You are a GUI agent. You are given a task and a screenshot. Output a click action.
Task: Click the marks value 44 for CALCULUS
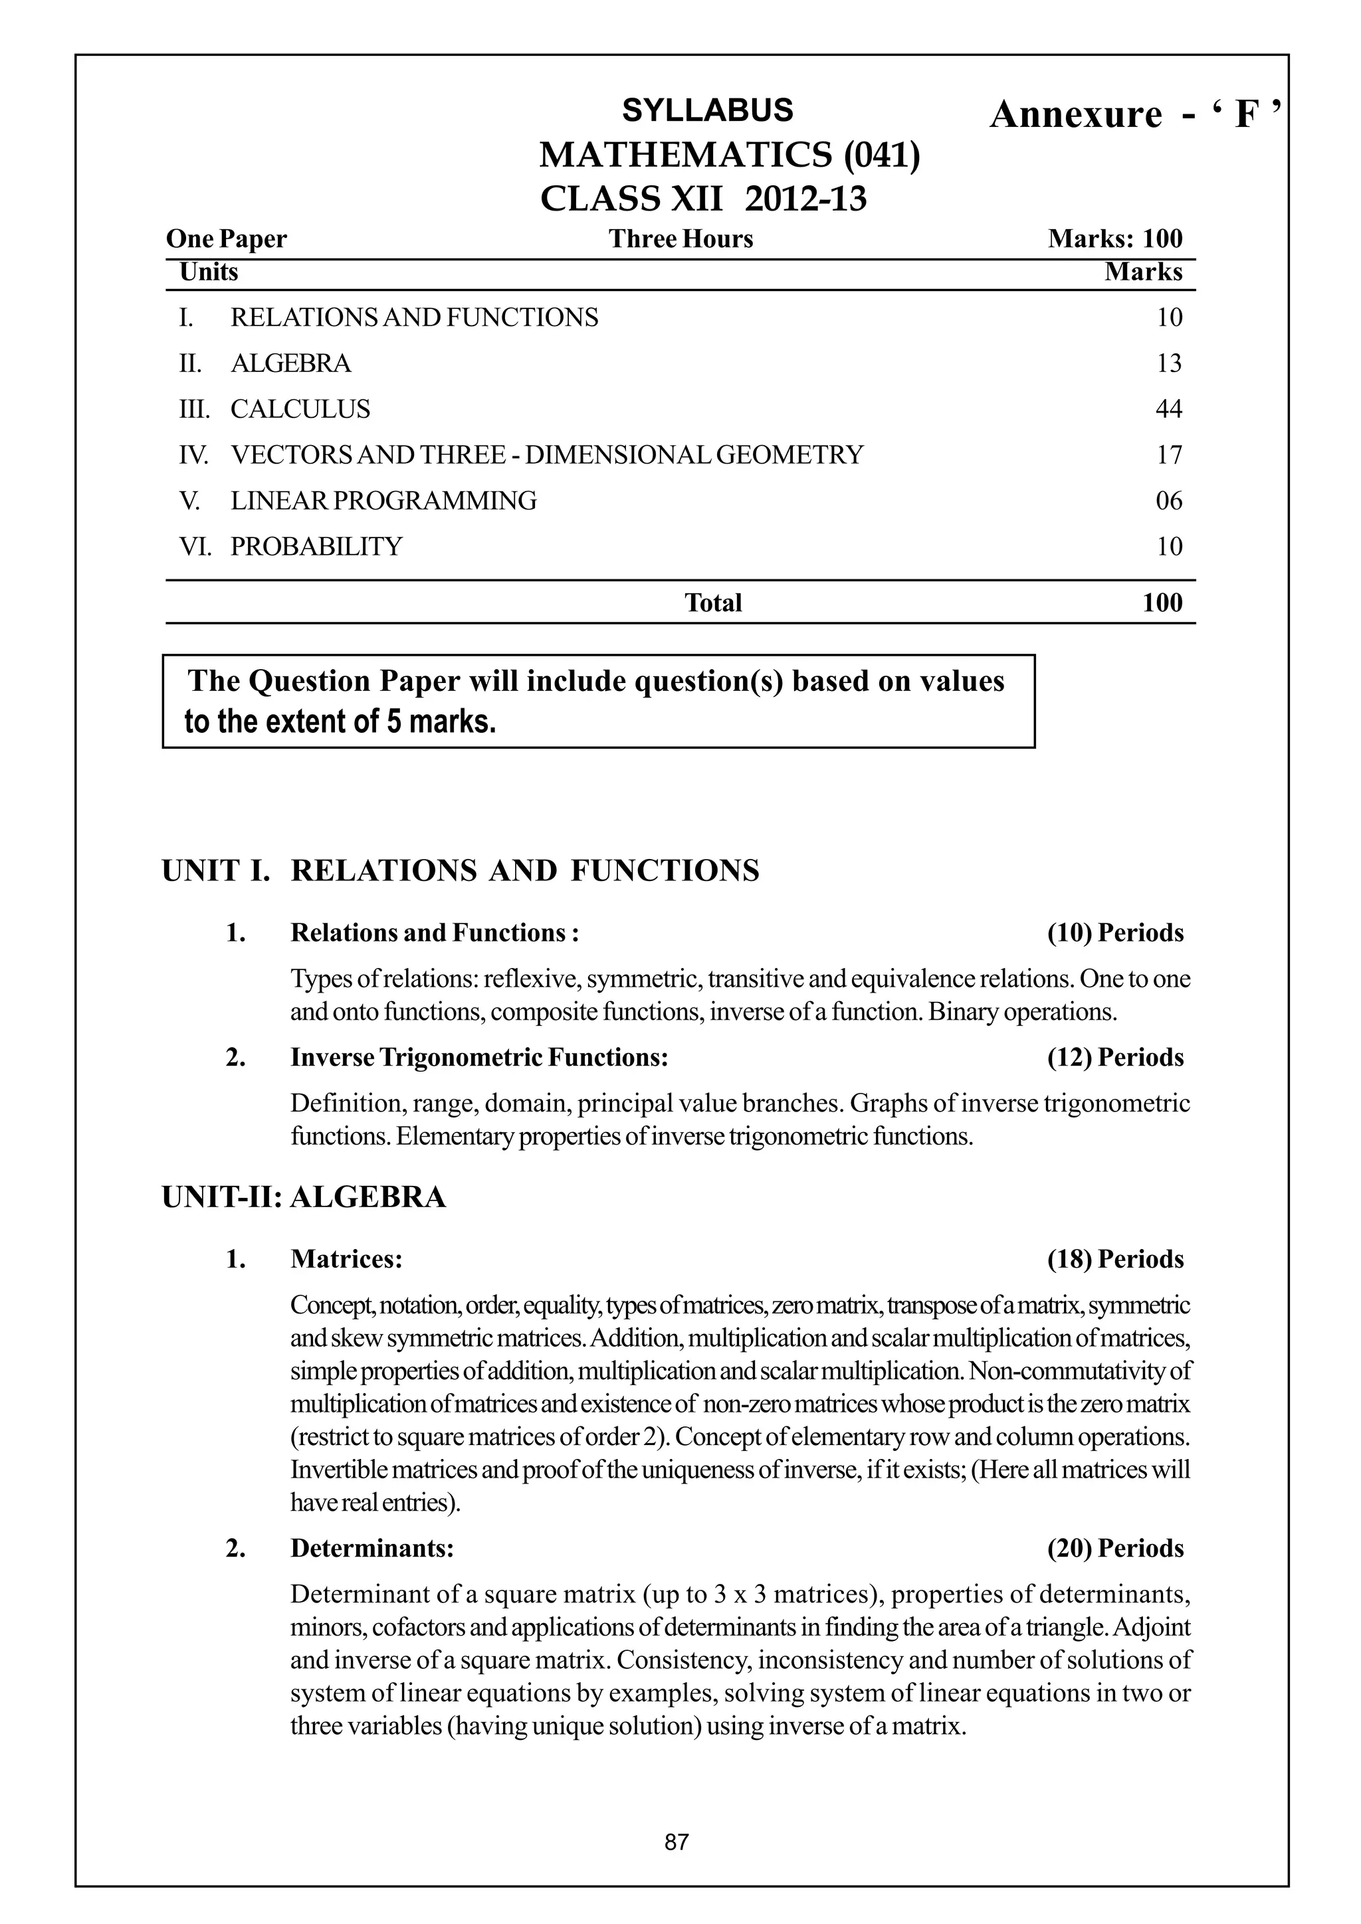[1168, 409]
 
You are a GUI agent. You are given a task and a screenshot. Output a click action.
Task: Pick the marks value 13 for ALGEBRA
[1168, 363]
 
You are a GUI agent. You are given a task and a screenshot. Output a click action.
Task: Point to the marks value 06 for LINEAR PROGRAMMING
[1168, 501]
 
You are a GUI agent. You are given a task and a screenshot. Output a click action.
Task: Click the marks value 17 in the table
[1168, 455]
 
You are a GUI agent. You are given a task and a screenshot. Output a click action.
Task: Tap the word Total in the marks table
[713, 603]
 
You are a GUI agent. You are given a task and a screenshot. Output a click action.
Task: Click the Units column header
[209, 272]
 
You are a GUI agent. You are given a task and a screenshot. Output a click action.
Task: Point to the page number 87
[677, 1842]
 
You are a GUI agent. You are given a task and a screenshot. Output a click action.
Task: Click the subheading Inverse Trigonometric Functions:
[479, 1058]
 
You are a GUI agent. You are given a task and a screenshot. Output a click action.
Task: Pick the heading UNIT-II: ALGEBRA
[304, 1197]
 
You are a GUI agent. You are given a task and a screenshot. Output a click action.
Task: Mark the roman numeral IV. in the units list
[193, 455]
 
